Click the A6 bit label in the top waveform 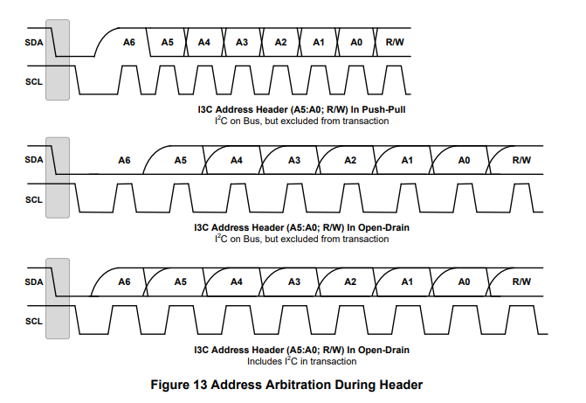click(x=129, y=42)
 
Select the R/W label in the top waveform click(x=395, y=42)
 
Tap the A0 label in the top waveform click(x=356, y=42)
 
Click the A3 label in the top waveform click(x=242, y=42)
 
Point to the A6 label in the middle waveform click(x=124, y=161)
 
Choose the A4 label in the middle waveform click(x=237, y=161)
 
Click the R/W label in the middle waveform click(x=521, y=161)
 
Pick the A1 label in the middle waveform click(x=407, y=161)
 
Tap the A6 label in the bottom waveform click(x=124, y=281)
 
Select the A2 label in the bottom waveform click(x=350, y=281)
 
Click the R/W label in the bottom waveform click(x=521, y=281)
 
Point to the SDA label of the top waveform click(x=34, y=42)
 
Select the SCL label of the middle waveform click(x=34, y=198)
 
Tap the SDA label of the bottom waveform click(x=34, y=281)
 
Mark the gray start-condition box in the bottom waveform click(x=58, y=297)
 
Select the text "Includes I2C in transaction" click(x=302, y=360)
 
